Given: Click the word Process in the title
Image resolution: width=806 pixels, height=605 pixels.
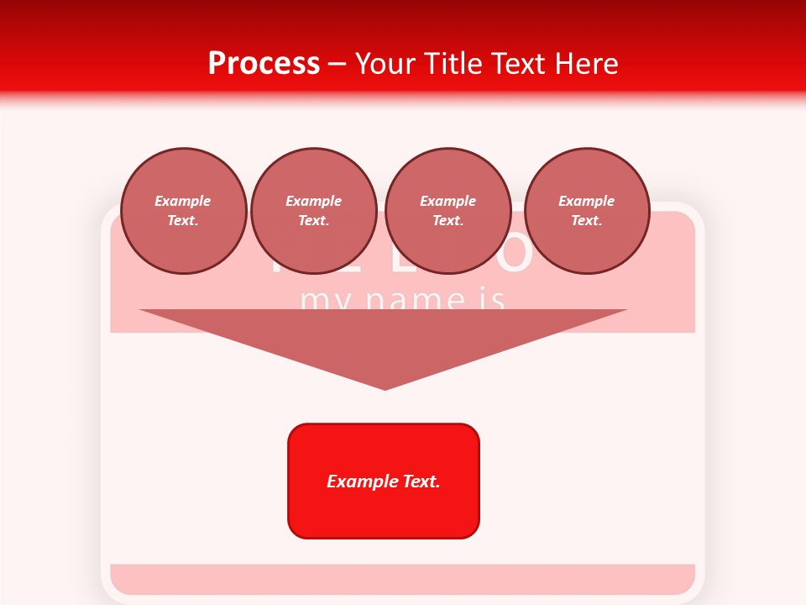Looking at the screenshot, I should [x=264, y=64].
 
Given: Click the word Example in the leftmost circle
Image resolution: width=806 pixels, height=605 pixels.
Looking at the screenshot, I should [x=183, y=201].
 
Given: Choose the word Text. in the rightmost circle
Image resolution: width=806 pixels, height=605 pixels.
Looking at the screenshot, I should [x=587, y=221].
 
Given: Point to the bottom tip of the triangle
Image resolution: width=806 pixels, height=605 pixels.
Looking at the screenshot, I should [x=385, y=387].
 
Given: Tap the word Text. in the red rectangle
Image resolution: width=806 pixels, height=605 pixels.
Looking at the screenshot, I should [x=421, y=481].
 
